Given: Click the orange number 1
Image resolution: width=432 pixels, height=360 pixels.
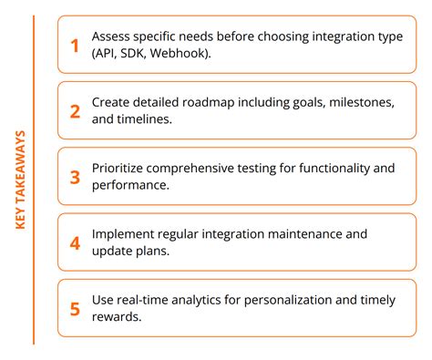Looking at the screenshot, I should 76,45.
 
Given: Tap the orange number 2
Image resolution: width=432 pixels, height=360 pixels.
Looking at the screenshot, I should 76,111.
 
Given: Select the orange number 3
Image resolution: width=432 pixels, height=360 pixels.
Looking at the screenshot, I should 76,177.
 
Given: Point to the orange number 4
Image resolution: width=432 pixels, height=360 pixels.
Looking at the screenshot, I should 76,242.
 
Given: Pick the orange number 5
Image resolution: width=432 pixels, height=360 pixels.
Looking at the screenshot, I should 76,308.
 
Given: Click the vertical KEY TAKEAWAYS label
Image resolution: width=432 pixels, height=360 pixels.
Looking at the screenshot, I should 20,180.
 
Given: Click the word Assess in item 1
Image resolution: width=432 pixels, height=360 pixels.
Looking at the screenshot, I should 112,36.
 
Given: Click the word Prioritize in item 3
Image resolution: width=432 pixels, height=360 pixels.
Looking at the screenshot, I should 121,169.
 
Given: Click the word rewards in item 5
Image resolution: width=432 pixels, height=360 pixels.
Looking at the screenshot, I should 118,317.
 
